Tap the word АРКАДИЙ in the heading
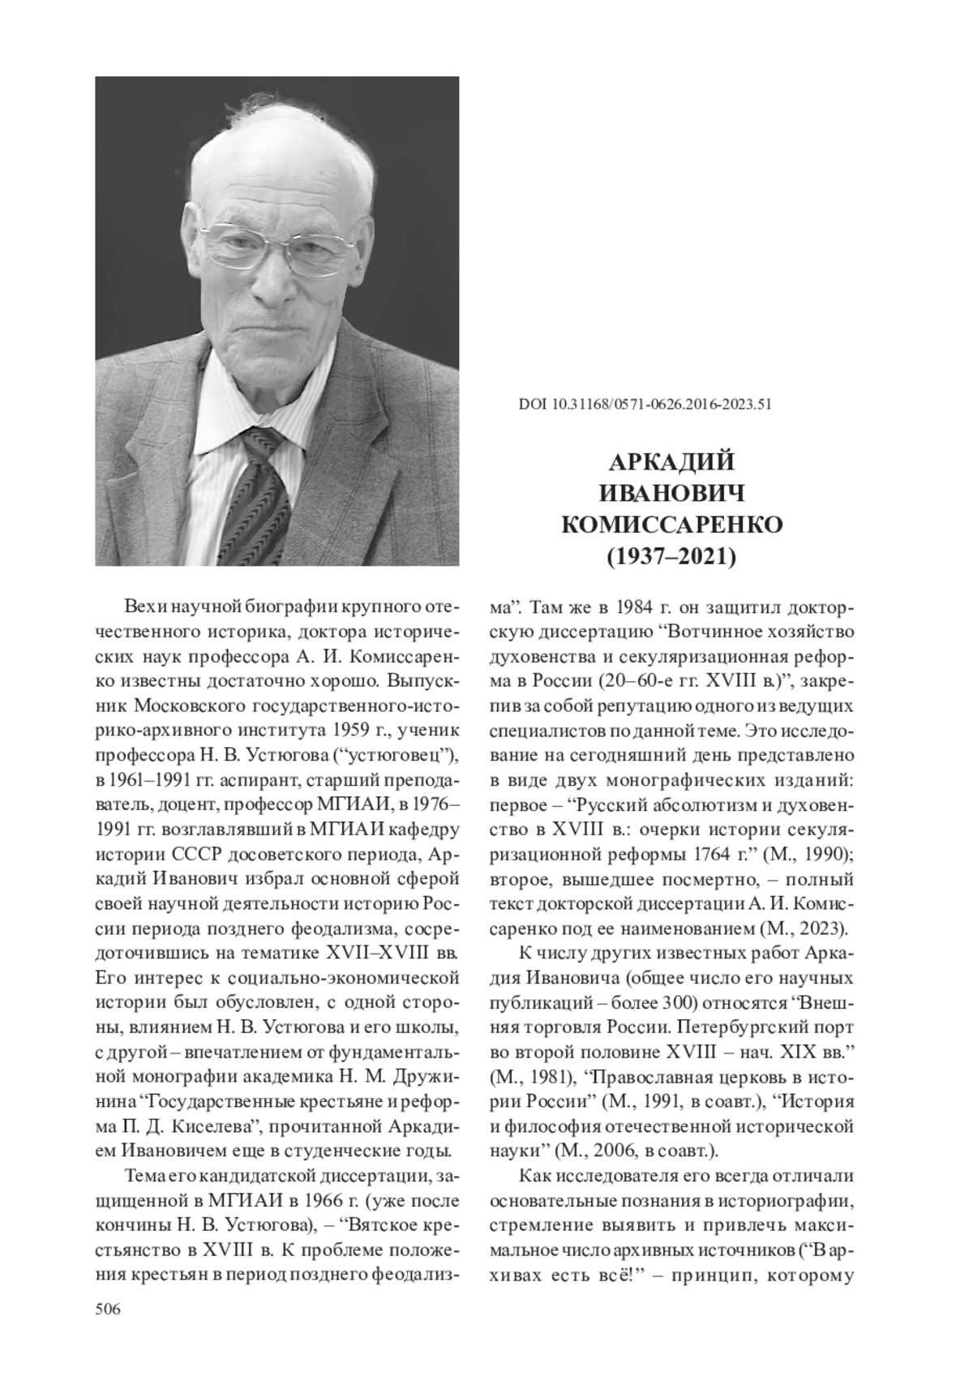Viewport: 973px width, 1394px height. tap(671, 461)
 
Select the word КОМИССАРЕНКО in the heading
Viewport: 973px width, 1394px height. tap(671, 525)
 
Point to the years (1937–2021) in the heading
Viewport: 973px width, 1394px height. tap(671, 557)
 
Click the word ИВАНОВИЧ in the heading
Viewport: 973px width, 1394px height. tap(671, 493)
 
